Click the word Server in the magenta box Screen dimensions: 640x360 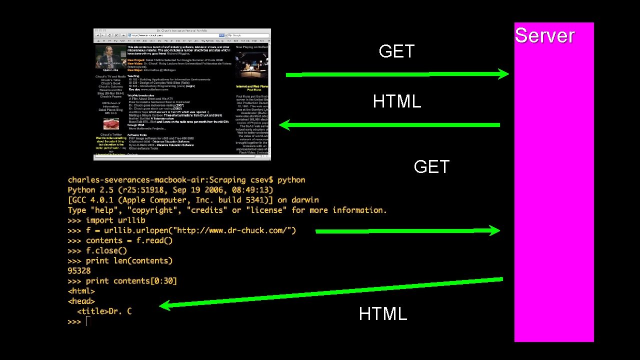[x=544, y=36]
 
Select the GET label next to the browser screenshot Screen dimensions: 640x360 [x=396, y=51]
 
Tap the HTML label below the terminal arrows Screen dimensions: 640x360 [x=382, y=314]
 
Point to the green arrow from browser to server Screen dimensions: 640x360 [x=397, y=75]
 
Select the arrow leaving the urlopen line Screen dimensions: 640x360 [x=407, y=231]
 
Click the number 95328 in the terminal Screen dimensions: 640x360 [x=79, y=270]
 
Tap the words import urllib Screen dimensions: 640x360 [x=115, y=220]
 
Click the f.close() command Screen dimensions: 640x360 [x=106, y=250]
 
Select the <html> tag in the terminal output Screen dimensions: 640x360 [x=81, y=291]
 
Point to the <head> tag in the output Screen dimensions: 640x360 [x=81, y=301]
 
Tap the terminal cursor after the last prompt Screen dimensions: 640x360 [x=87, y=321]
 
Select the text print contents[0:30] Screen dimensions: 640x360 [x=131, y=281]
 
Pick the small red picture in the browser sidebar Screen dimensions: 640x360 [x=111, y=124]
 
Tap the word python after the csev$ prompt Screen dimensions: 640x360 [x=291, y=180]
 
